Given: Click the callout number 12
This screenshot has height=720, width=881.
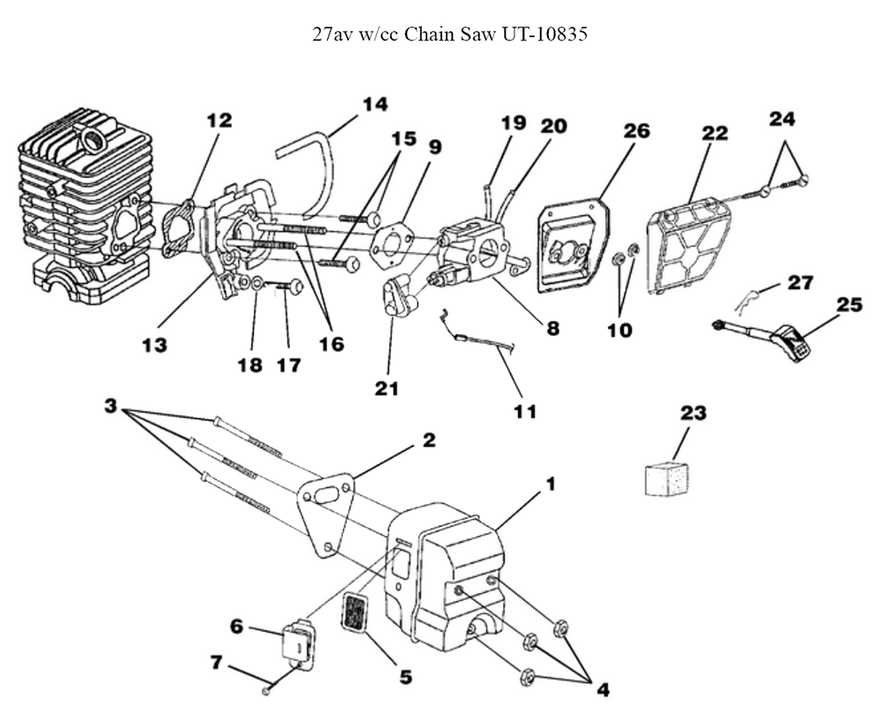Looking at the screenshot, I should click(219, 120).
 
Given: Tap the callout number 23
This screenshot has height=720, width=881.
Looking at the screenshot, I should click(693, 412).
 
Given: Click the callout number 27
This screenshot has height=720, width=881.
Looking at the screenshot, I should click(800, 282).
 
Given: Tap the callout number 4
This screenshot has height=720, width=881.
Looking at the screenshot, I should click(602, 690).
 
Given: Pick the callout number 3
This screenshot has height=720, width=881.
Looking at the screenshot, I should click(111, 406).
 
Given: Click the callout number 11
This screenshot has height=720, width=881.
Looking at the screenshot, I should click(524, 410).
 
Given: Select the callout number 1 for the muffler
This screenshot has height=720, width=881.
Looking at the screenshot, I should click(550, 484).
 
